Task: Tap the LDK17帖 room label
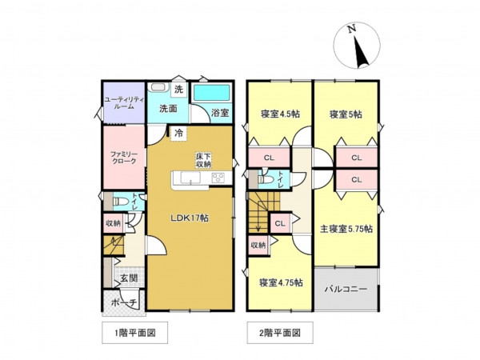pyautogui.click(x=189, y=218)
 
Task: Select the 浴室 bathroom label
pyautogui.click(x=219, y=113)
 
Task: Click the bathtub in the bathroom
pyautogui.click(x=212, y=93)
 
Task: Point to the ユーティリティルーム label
pyautogui.click(x=122, y=104)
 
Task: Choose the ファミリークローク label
pyautogui.click(x=122, y=156)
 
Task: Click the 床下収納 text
pyautogui.click(x=203, y=160)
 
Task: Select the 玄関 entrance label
pyautogui.click(x=128, y=278)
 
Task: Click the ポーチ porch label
pyautogui.click(x=120, y=302)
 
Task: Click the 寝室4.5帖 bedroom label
pyautogui.click(x=279, y=114)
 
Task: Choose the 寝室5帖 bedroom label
pyautogui.click(x=345, y=114)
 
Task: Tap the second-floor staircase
pyautogui.click(x=262, y=215)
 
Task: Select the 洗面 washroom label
pyautogui.click(x=167, y=108)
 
